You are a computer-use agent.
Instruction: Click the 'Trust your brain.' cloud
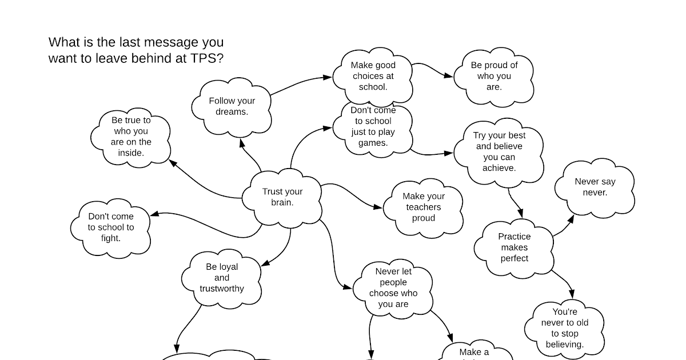click(x=282, y=197)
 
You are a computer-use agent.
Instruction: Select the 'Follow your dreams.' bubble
click(x=232, y=106)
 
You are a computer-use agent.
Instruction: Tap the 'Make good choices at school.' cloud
click(x=373, y=76)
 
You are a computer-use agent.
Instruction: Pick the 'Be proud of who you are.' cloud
click(x=494, y=76)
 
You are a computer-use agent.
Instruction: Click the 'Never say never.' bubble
click(x=595, y=187)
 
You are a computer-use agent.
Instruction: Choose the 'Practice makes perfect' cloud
click(x=514, y=247)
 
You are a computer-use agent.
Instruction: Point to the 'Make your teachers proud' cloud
click(x=423, y=207)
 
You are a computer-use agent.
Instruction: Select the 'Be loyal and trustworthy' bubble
click(x=222, y=278)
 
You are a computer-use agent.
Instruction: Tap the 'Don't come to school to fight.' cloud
click(x=110, y=227)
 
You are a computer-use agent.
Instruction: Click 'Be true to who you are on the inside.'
click(x=131, y=137)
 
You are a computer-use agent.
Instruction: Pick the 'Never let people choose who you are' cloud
click(x=393, y=288)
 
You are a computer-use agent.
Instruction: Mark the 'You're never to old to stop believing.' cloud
click(x=564, y=328)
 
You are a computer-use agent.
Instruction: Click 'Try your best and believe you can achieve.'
click(x=498, y=152)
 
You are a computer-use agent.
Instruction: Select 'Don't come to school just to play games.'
click(x=373, y=127)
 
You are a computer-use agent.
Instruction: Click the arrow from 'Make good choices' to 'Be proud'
click(x=433, y=69)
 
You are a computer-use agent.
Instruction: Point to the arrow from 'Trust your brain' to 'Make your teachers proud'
click(x=352, y=194)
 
